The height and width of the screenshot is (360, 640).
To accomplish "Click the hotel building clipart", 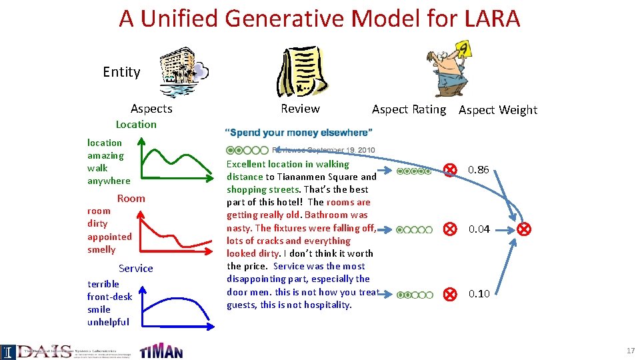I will pyautogui.click(x=185, y=73).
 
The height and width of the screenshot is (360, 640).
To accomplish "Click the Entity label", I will pyautogui.click(x=121, y=72).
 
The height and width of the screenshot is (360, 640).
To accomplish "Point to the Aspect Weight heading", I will pyautogui.click(x=497, y=110).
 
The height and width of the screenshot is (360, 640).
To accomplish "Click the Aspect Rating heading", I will pyautogui.click(x=409, y=109).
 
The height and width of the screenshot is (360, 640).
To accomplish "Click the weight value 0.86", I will pyautogui.click(x=478, y=170).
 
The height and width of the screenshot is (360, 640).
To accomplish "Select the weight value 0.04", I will pyautogui.click(x=479, y=229).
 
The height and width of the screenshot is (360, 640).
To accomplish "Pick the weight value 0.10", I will pyautogui.click(x=479, y=293).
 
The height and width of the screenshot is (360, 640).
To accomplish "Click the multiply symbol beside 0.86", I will pyautogui.click(x=451, y=170).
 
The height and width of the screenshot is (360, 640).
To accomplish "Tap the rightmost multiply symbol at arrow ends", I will pyautogui.click(x=525, y=229).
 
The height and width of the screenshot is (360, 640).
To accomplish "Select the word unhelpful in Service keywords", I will pyautogui.click(x=108, y=322).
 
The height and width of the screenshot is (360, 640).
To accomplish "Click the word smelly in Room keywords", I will pyautogui.click(x=101, y=249).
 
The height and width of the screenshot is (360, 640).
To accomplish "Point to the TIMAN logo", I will pyautogui.click(x=161, y=350).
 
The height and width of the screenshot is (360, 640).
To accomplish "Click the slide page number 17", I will pyautogui.click(x=630, y=351).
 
